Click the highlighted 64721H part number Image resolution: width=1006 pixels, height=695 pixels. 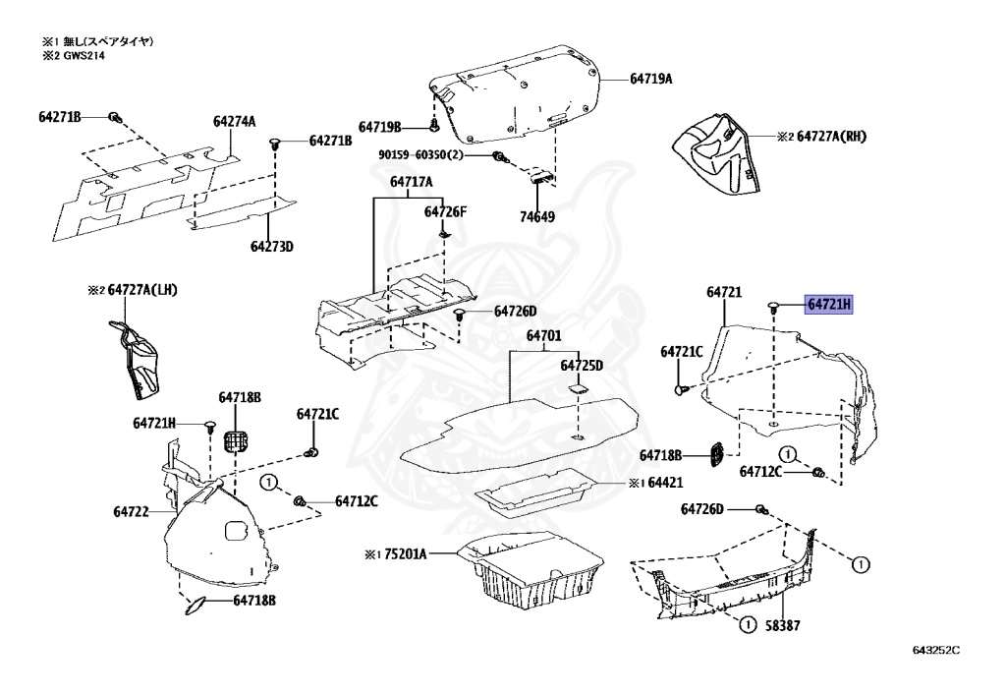(x=829, y=305)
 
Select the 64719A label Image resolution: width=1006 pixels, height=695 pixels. (x=650, y=79)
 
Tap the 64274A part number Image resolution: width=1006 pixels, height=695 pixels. (x=234, y=122)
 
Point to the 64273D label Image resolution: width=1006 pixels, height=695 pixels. (x=272, y=246)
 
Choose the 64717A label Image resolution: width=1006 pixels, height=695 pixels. (x=411, y=182)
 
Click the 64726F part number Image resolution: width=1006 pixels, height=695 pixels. (x=446, y=211)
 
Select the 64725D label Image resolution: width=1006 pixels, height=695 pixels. (x=582, y=366)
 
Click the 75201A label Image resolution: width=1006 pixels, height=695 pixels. (x=405, y=554)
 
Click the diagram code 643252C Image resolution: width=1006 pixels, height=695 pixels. (x=934, y=651)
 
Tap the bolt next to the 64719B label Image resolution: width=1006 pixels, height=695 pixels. (x=434, y=127)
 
